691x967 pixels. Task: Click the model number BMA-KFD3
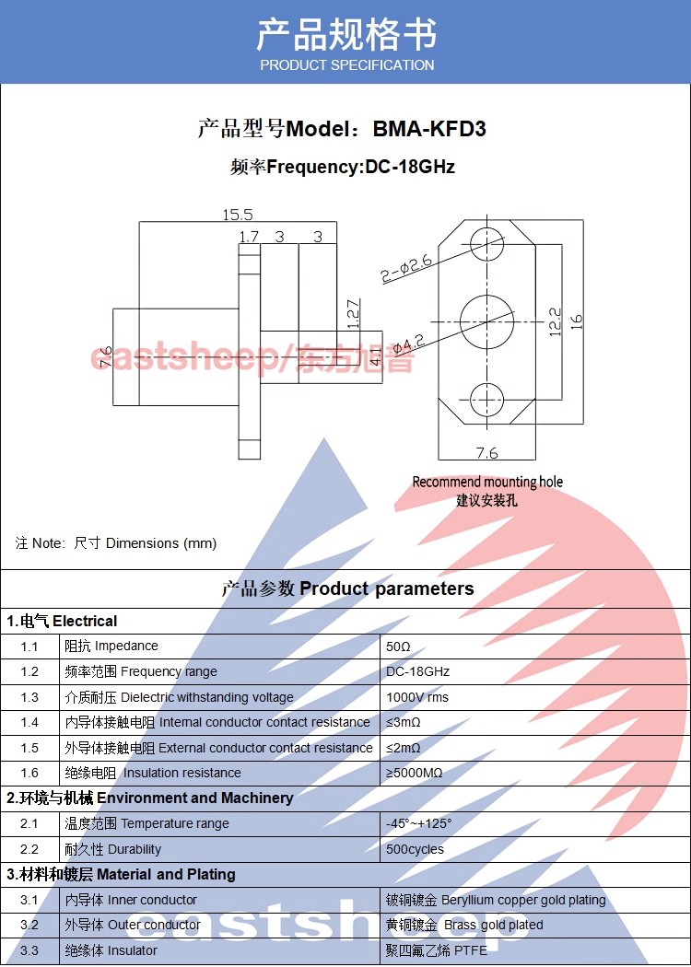click(429, 129)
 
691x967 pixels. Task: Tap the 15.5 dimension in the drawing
click(237, 215)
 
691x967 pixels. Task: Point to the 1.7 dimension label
click(249, 237)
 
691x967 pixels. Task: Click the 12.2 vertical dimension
click(555, 321)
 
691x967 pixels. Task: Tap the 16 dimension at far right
click(577, 321)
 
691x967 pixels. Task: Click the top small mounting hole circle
click(486, 244)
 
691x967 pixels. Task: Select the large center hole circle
click(486, 321)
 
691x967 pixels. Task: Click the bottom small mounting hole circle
click(486, 399)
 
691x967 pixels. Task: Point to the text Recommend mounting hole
click(486, 482)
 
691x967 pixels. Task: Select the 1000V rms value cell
click(417, 697)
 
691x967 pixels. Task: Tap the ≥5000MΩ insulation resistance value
click(415, 773)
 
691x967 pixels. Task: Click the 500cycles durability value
click(415, 849)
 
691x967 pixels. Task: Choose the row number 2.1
click(29, 823)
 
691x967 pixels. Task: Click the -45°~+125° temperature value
click(419, 823)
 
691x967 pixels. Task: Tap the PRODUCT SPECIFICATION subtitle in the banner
click(346, 65)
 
